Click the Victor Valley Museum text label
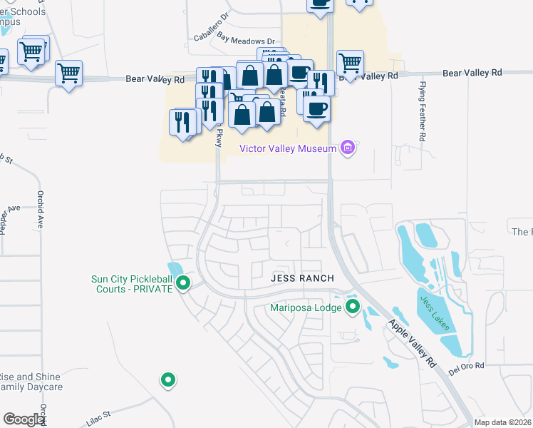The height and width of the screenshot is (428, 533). click(287, 148)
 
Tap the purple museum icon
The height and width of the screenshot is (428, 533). click(348, 148)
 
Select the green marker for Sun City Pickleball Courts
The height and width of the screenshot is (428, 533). click(182, 283)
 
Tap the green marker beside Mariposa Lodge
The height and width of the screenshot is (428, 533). click(353, 307)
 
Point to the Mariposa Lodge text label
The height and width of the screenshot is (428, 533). click(305, 308)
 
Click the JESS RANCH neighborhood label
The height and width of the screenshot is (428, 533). click(298, 279)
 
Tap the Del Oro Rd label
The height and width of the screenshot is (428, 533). click(467, 366)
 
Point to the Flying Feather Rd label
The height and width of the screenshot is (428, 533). click(423, 110)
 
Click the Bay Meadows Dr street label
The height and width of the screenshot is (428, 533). click(246, 42)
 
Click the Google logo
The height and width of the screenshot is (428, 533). click(24, 419)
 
